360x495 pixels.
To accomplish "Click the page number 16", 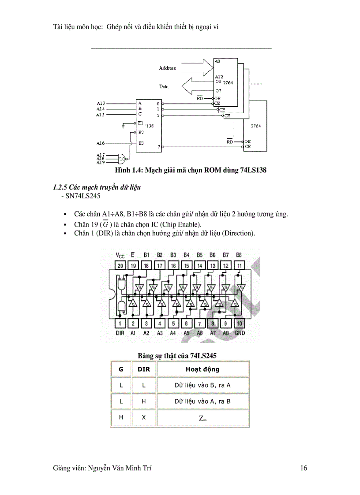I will (x=304, y=469).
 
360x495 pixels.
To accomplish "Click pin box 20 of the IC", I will (x=120, y=265).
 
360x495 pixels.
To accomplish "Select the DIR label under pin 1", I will (x=120, y=333).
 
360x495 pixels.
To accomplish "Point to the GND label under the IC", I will (x=239, y=333).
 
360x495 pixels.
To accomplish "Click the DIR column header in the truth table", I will (x=144, y=369).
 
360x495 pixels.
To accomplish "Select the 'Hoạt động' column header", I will (x=202, y=369).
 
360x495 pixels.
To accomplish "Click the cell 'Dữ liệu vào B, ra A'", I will (x=202, y=385).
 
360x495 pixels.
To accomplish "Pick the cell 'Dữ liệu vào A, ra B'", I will (x=202, y=402).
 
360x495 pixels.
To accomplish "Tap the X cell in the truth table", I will (x=144, y=417).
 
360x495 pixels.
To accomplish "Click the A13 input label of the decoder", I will (x=101, y=103).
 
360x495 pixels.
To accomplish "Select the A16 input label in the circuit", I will (x=101, y=143).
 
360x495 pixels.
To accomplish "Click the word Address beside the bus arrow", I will (x=167, y=68).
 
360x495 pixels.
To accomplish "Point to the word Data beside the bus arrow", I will (x=164, y=87).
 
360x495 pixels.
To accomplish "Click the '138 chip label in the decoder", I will (x=150, y=126).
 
